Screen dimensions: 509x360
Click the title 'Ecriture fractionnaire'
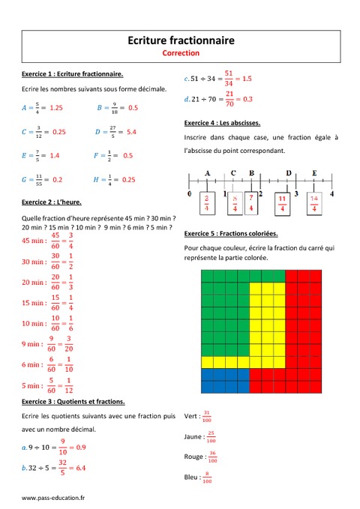point(180,40)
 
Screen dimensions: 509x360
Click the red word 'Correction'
point(180,53)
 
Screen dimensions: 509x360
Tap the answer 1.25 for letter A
point(55,108)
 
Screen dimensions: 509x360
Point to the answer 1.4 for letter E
point(54,156)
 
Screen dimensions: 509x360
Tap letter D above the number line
point(289,172)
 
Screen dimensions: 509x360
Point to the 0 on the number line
point(190,194)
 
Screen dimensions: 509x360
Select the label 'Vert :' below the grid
point(191,416)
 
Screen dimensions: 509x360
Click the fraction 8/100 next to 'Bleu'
point(208,478)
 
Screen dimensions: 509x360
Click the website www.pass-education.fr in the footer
point(52,498)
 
